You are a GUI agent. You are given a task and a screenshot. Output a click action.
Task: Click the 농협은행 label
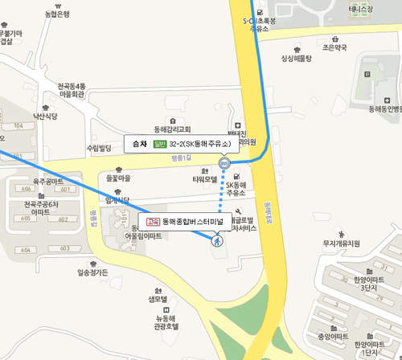(57, 14)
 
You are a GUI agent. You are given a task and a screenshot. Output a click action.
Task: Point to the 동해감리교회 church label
(172, 129)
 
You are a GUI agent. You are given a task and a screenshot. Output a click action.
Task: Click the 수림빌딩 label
(100, 148)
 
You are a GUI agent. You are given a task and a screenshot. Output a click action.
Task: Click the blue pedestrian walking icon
(216, 239)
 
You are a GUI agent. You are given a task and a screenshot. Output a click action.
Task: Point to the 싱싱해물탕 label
(296, 58)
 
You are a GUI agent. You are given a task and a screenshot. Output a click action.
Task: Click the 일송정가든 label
(92, 272)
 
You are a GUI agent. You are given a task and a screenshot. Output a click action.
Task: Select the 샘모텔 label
(157, 299)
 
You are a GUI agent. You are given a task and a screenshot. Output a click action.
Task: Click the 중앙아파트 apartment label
(333, 335)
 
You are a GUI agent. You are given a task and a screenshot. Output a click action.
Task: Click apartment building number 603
(64, 249)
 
